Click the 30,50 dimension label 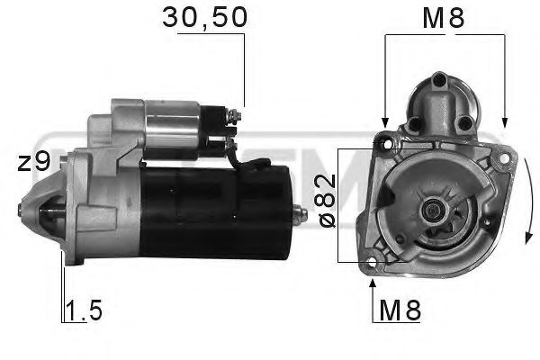tap(203, 17)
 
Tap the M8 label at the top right tap(444, 17)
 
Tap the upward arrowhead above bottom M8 tap(373, 285)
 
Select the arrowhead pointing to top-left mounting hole tap(384, 122)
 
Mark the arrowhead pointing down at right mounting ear tap(505, 122)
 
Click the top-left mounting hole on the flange tap(388, 142)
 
